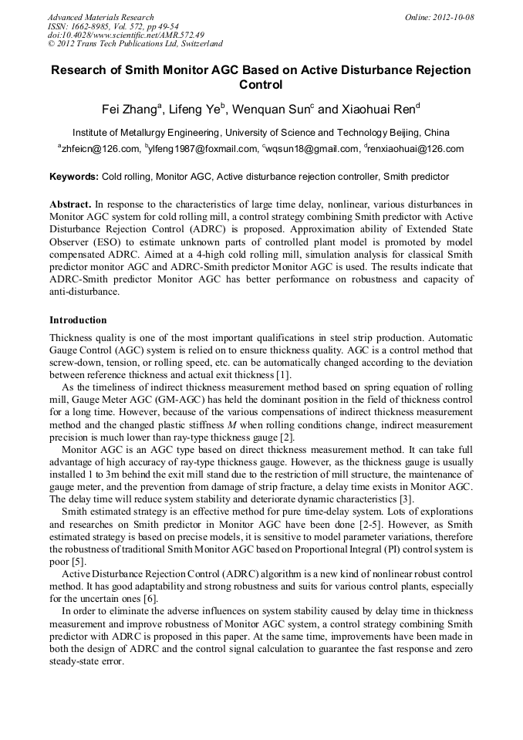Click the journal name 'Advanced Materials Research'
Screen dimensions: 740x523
point(100,17)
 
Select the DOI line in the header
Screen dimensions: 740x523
point(126,35)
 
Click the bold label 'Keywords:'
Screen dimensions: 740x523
point(74,177)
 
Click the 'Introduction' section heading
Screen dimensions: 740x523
point(78,320)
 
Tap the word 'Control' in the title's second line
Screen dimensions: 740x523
point(261,85)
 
